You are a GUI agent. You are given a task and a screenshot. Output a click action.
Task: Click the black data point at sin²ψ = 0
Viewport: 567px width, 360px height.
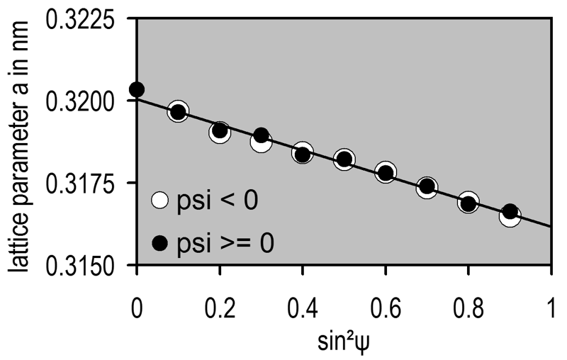coord(137,89)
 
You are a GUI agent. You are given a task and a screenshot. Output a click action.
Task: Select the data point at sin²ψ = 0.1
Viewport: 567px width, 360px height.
coord(178,112)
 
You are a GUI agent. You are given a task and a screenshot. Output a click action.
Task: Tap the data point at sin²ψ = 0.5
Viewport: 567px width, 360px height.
coord(344,159)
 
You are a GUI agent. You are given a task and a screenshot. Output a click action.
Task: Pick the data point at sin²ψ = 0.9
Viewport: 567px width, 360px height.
coord(510,214)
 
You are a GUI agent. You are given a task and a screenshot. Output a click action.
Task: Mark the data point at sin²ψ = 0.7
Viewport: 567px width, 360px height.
coord(427,187)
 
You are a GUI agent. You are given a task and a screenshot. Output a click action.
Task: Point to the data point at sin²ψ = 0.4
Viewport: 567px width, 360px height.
coord(303,152)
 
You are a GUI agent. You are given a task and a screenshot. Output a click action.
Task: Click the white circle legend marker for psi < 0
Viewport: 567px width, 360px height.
coord(160,201)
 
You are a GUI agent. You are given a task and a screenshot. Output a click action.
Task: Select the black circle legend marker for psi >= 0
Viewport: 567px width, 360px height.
coord(160,244)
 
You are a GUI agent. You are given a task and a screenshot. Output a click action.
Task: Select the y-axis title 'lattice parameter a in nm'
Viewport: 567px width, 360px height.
coord(23,142)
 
